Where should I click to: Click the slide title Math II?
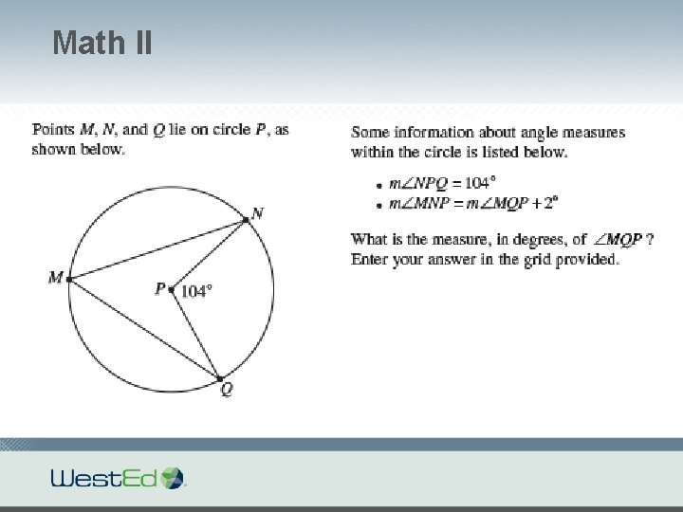[x=102, y=43]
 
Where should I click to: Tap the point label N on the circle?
[x=257, y=213]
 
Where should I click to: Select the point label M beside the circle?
[x=55, y=278]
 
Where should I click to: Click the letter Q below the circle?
[x=226, y=390]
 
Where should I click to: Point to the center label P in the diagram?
[x=160, y=288]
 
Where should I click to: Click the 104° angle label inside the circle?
[x=195, y=291]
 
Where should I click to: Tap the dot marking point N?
[x=246, y=220]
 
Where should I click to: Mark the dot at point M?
[x=69, y=279]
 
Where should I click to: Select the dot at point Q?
[x=219, y=377]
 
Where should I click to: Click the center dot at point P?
[x=171, y=289]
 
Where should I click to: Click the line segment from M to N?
[x=157, y=249]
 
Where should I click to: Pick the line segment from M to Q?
[x=142, y=327]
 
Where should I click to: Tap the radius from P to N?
[x=209, y=254]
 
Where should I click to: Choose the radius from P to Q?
[x=194, y=333]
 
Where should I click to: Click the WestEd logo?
[x=119, y=477]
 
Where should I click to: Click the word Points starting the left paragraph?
[x=51, y=130]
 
